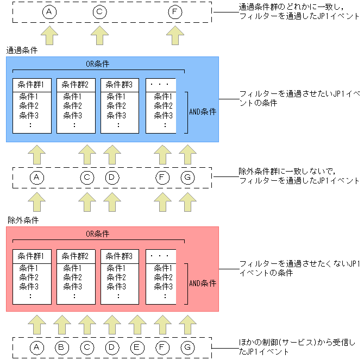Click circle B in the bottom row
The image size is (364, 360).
[x=62, y=346]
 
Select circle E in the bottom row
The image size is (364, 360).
[x=137, y=346]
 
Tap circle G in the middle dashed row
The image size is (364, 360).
[x=187, y=177]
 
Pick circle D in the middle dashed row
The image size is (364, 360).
[x=112, y=177]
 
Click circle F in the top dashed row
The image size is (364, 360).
[x=174, y=11]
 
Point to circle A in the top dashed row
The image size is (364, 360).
[x=49, y=11]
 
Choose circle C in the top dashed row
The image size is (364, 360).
[x=99, y=11]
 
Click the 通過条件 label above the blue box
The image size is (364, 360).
[x=22, y=50]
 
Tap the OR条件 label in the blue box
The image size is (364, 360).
[x=98, y=64]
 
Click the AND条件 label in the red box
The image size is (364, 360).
[x=203, y=283]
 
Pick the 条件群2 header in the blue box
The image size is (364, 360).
[x=76, y=85]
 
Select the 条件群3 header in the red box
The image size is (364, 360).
[x=120, y=255]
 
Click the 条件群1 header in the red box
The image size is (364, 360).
[x=32, y=255]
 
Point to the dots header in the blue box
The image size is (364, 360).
[x=161, y=85]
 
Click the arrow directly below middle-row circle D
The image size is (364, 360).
[x=112, y=201]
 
